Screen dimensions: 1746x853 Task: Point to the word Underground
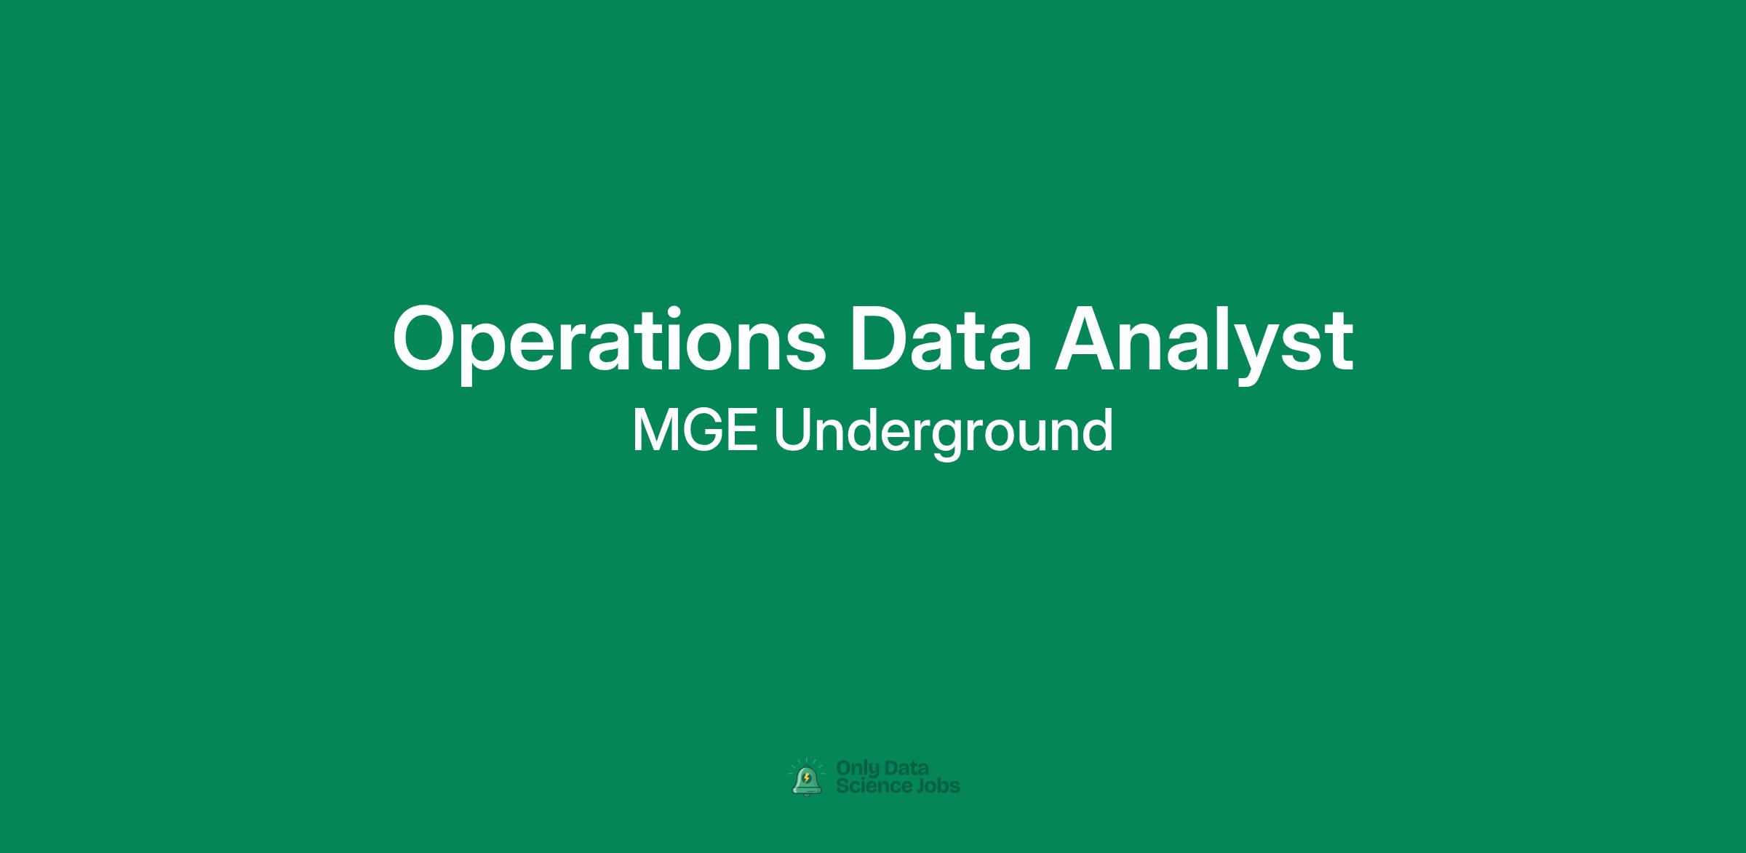(943, 430)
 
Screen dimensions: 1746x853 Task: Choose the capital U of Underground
(791, 430)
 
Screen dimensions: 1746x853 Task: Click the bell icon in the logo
(807, 779)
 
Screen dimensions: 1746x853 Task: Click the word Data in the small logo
(907, 768)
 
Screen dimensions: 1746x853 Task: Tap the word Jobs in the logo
(937, 785)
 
